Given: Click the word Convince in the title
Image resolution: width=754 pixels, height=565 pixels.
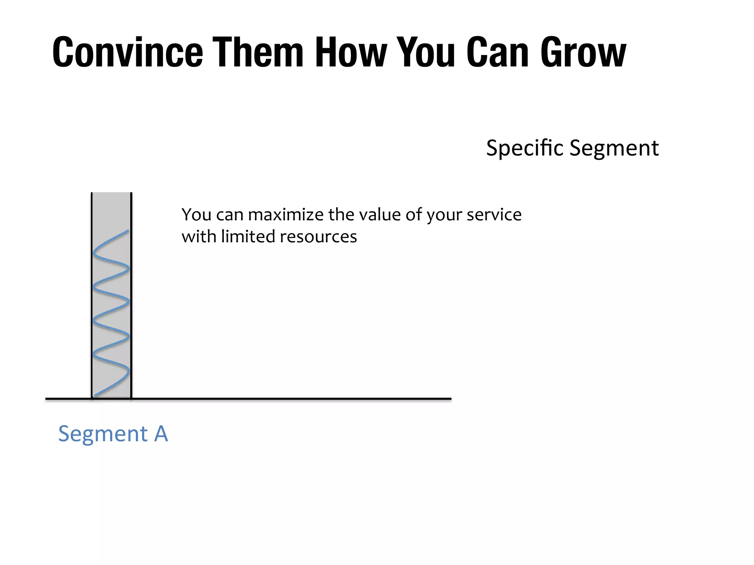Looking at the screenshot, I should pos(127,52).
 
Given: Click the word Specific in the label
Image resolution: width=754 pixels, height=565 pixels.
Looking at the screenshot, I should pos(525,148).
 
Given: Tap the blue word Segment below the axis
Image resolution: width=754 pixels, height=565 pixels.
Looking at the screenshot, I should pos(103,434).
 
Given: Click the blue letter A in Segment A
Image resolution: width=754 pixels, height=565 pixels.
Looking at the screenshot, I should pos(161,434).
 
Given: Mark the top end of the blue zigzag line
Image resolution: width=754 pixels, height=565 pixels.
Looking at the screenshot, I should pos(128,231).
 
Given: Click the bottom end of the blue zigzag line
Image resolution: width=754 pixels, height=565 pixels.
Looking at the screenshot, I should pos(95,396).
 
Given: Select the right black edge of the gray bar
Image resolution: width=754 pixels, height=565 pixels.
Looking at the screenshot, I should pos(131,294).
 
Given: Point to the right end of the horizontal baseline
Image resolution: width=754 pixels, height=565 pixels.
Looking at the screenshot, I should pos(450,399).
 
